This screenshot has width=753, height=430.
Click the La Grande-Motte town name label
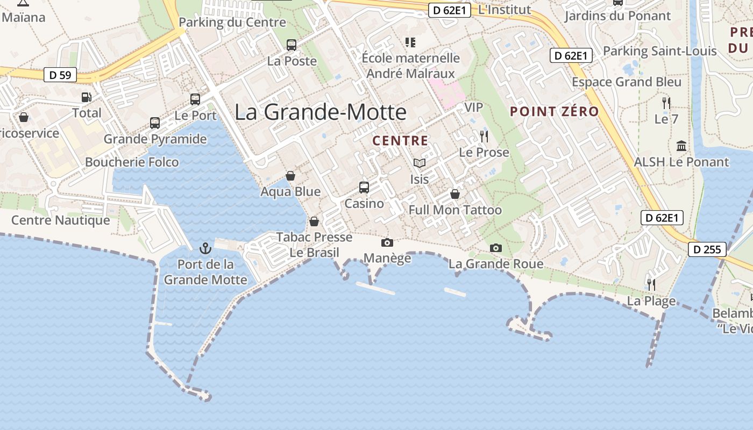(x=321, y=112)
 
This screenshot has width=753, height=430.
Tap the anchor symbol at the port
(x=205, y=248)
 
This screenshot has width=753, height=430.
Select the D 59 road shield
(x=60, y=75)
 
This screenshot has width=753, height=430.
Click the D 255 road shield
(x=707, y=249)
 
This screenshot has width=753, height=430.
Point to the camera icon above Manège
(x=387, y=243)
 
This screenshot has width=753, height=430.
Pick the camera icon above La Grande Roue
(x=496, y=248)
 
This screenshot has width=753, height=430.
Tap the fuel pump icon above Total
(x=86, y=97)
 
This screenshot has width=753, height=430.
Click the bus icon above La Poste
(x=292, y=45)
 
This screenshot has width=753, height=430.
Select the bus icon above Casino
(x=364, y=188)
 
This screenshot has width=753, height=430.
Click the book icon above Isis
(x=419, y=163)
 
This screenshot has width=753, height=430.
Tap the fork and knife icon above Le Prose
(x=484, y=136)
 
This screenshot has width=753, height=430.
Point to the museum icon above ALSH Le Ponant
(x=681, y=146)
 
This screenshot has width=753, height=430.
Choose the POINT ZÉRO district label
(x=555, y=112)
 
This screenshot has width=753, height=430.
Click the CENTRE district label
(x=401, y=141)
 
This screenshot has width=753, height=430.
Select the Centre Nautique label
(x=61, y=220)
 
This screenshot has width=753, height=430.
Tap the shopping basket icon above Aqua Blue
(x=290, y=176)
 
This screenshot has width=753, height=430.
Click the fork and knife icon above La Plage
(x=651, y=284)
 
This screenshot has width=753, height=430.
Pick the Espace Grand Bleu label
(x=627, y=82)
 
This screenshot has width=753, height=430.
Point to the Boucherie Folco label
(x=132, y=162)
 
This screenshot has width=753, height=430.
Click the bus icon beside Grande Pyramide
(x=155, y=123)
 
